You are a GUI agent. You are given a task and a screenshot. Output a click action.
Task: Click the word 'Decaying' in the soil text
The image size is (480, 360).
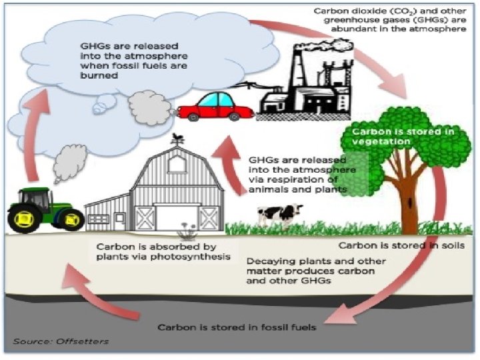pyautogui.click(x=267, y=261)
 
